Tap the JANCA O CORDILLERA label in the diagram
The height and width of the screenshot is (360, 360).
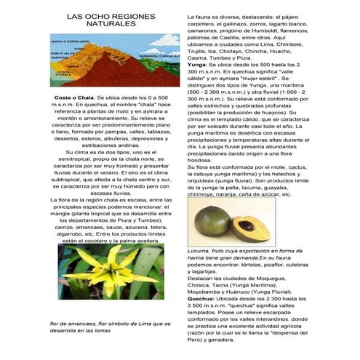click(64, 41)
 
